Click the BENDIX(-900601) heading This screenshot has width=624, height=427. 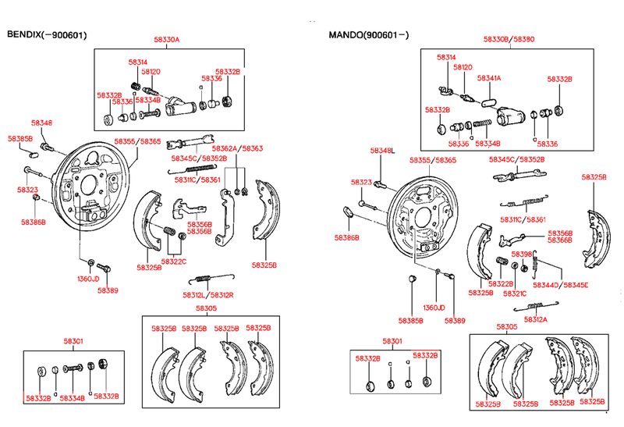[47, 35]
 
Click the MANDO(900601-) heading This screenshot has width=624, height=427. [369, 35]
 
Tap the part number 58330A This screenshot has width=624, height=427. [166, 40]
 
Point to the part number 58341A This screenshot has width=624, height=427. [489, 78]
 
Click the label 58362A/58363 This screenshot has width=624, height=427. [238, 148]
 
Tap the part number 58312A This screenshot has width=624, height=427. [536, 320]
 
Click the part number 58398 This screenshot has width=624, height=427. [521, 254]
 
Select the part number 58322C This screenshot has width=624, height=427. [174, 261]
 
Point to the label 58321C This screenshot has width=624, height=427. [515, 294]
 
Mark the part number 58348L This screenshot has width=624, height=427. [382, 150]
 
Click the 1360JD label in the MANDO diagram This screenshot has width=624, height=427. [434, 308]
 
